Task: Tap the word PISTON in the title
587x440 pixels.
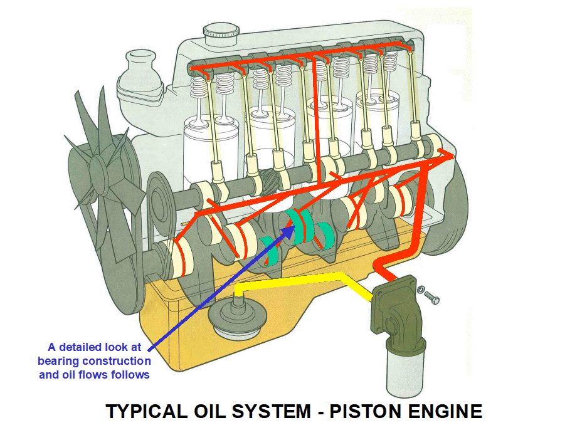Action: point(369,411)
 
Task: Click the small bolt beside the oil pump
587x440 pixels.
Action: point(429,295)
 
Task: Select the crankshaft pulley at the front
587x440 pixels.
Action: point(157,257)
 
